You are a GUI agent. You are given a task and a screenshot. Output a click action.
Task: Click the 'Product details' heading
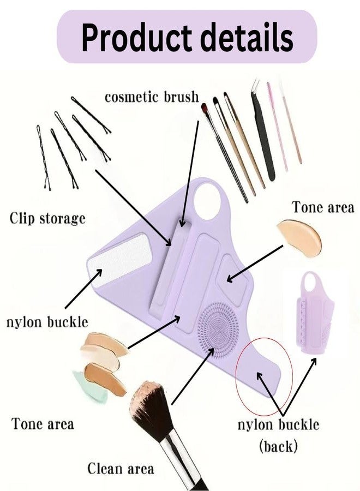pos(187,37)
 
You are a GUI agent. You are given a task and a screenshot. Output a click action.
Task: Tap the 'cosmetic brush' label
pos(152,97)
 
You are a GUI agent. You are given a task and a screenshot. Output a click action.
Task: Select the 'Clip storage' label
pos(47,218)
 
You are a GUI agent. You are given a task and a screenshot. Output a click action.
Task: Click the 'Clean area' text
pos(121,469)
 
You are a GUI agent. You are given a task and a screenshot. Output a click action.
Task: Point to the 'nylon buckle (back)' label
pos(278,435)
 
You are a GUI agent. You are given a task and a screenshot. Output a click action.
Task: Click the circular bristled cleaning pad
pos(218,330)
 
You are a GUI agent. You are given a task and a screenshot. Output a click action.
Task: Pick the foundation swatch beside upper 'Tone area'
pos(300,238)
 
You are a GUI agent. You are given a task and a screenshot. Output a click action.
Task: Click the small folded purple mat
pos(314,314)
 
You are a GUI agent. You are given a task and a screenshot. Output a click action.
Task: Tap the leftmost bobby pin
pos(43,158)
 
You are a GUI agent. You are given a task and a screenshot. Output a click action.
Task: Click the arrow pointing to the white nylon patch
pos(83,289)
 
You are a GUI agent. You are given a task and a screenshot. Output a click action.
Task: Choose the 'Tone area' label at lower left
pos(43,424)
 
